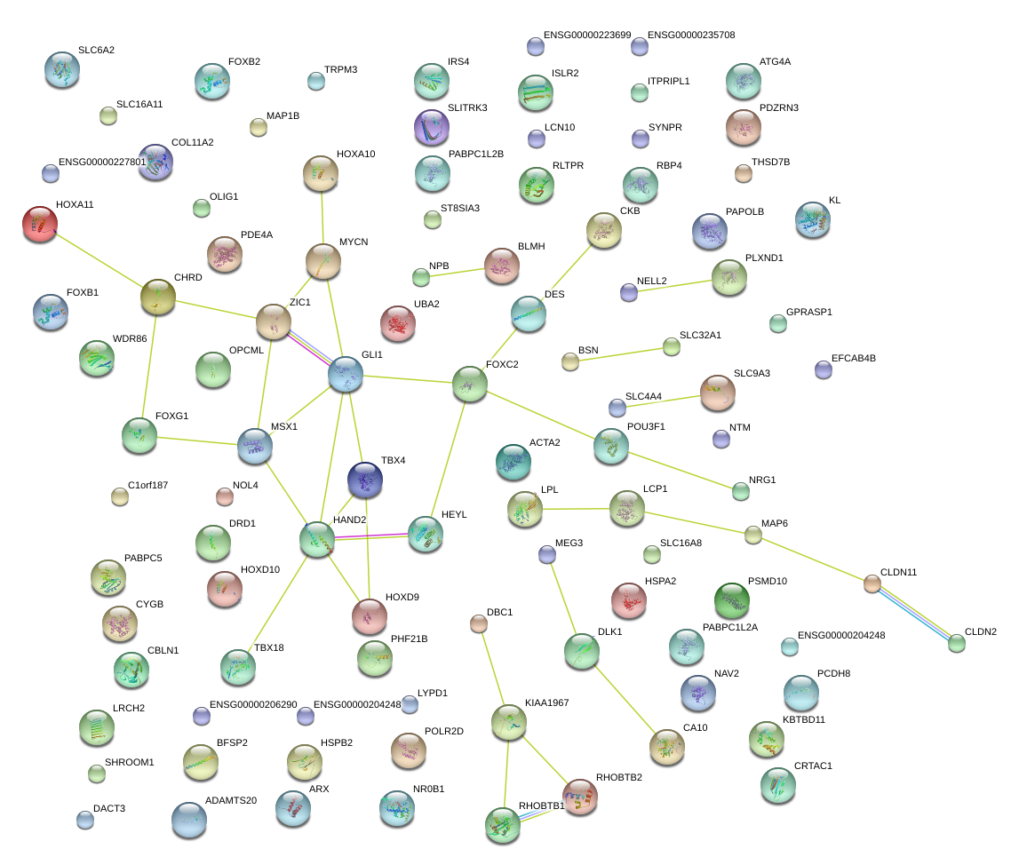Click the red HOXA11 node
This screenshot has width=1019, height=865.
(x=39, y=224)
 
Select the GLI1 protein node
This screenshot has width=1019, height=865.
(x=345, y=375)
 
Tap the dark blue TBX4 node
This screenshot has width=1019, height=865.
(x=364, y=479)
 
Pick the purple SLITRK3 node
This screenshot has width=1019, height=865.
(x=432, y=128)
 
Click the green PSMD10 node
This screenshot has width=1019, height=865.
(x=732, y=600)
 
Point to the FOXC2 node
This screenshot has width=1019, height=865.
(x=469, y=383)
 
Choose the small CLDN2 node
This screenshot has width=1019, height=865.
(x=956, y=644)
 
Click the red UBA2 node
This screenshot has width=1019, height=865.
(x=397, y=323)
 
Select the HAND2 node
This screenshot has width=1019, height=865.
(x=317, y=539)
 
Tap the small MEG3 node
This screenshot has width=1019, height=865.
(x=546, y=555)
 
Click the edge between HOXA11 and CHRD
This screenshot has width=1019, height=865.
(x=100, y=261)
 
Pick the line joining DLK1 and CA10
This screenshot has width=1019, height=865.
(x=624, y=699)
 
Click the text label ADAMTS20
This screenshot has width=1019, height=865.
(x=231, y=800)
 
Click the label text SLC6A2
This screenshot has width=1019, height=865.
(x=96, y=51)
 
